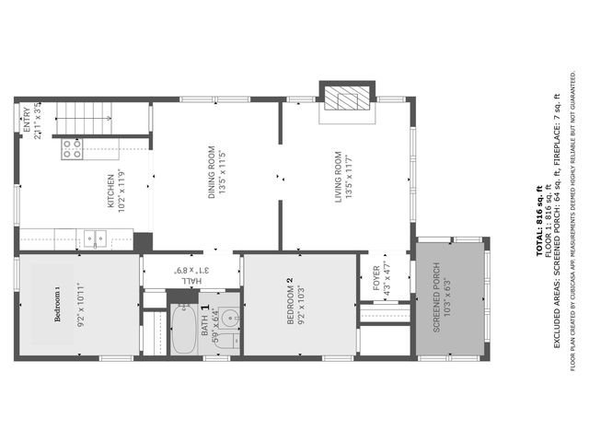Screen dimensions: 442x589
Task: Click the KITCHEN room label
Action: tap(110, 192)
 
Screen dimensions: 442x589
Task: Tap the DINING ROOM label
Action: tap(212, 172)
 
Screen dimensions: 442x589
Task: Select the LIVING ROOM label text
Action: tap(338, 178)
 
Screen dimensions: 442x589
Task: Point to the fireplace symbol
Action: tap(347, 100)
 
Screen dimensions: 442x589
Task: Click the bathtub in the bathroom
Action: tap(184, 331)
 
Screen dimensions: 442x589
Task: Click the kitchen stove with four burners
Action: tap(72, 148)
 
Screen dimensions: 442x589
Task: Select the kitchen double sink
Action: tap(94, 238)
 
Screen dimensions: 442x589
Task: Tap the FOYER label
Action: tap(376, 278)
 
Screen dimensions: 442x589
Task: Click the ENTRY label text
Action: tap(26, 121)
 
